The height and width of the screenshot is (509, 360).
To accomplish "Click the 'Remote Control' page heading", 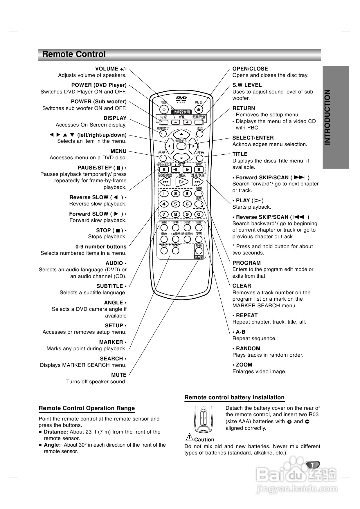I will (x=74, y=54).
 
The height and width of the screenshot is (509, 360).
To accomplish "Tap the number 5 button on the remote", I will (x=176, y=204).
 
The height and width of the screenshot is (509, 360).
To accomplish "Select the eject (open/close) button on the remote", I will (x=199, y=110).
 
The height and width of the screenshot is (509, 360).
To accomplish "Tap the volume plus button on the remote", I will (x=187, y=122).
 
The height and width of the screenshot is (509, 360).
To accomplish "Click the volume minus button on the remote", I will (x=176, y=122).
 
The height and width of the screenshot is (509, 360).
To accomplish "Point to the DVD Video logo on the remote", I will (x=181, y=99).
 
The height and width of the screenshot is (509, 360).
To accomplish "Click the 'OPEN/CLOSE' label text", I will (x=250, y=69).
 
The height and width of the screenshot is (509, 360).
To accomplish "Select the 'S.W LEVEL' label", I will (x=247, y=85).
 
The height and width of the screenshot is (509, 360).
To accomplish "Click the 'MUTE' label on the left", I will (x=119, y=375).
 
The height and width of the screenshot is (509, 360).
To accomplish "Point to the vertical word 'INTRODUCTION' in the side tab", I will (x=327, y=117).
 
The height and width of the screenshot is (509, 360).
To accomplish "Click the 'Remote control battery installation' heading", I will (x=234, y=398).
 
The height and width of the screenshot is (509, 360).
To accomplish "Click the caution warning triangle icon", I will (x=189, y=437).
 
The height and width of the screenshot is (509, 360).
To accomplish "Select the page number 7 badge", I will (x=312, y=465).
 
